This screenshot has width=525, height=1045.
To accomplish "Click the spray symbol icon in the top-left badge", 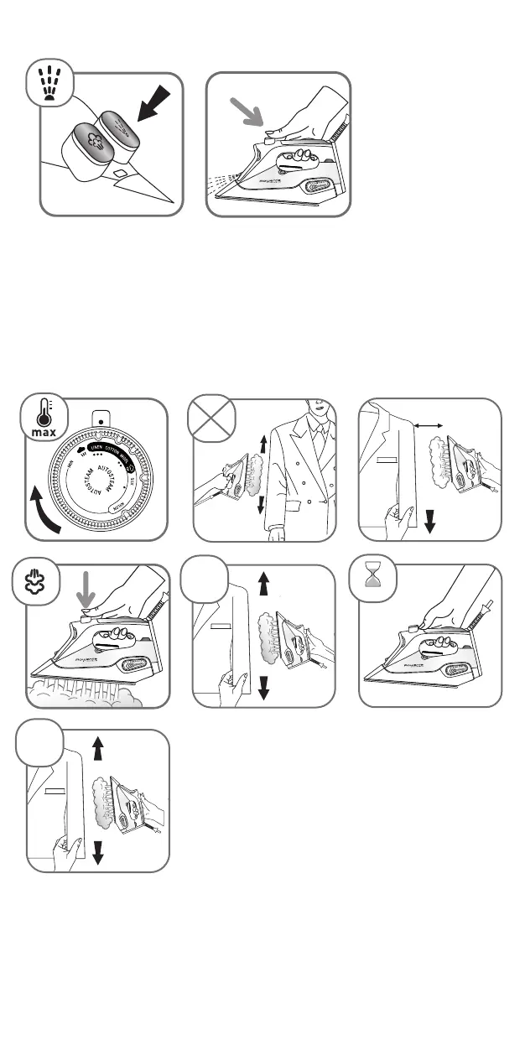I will point(50,82).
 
